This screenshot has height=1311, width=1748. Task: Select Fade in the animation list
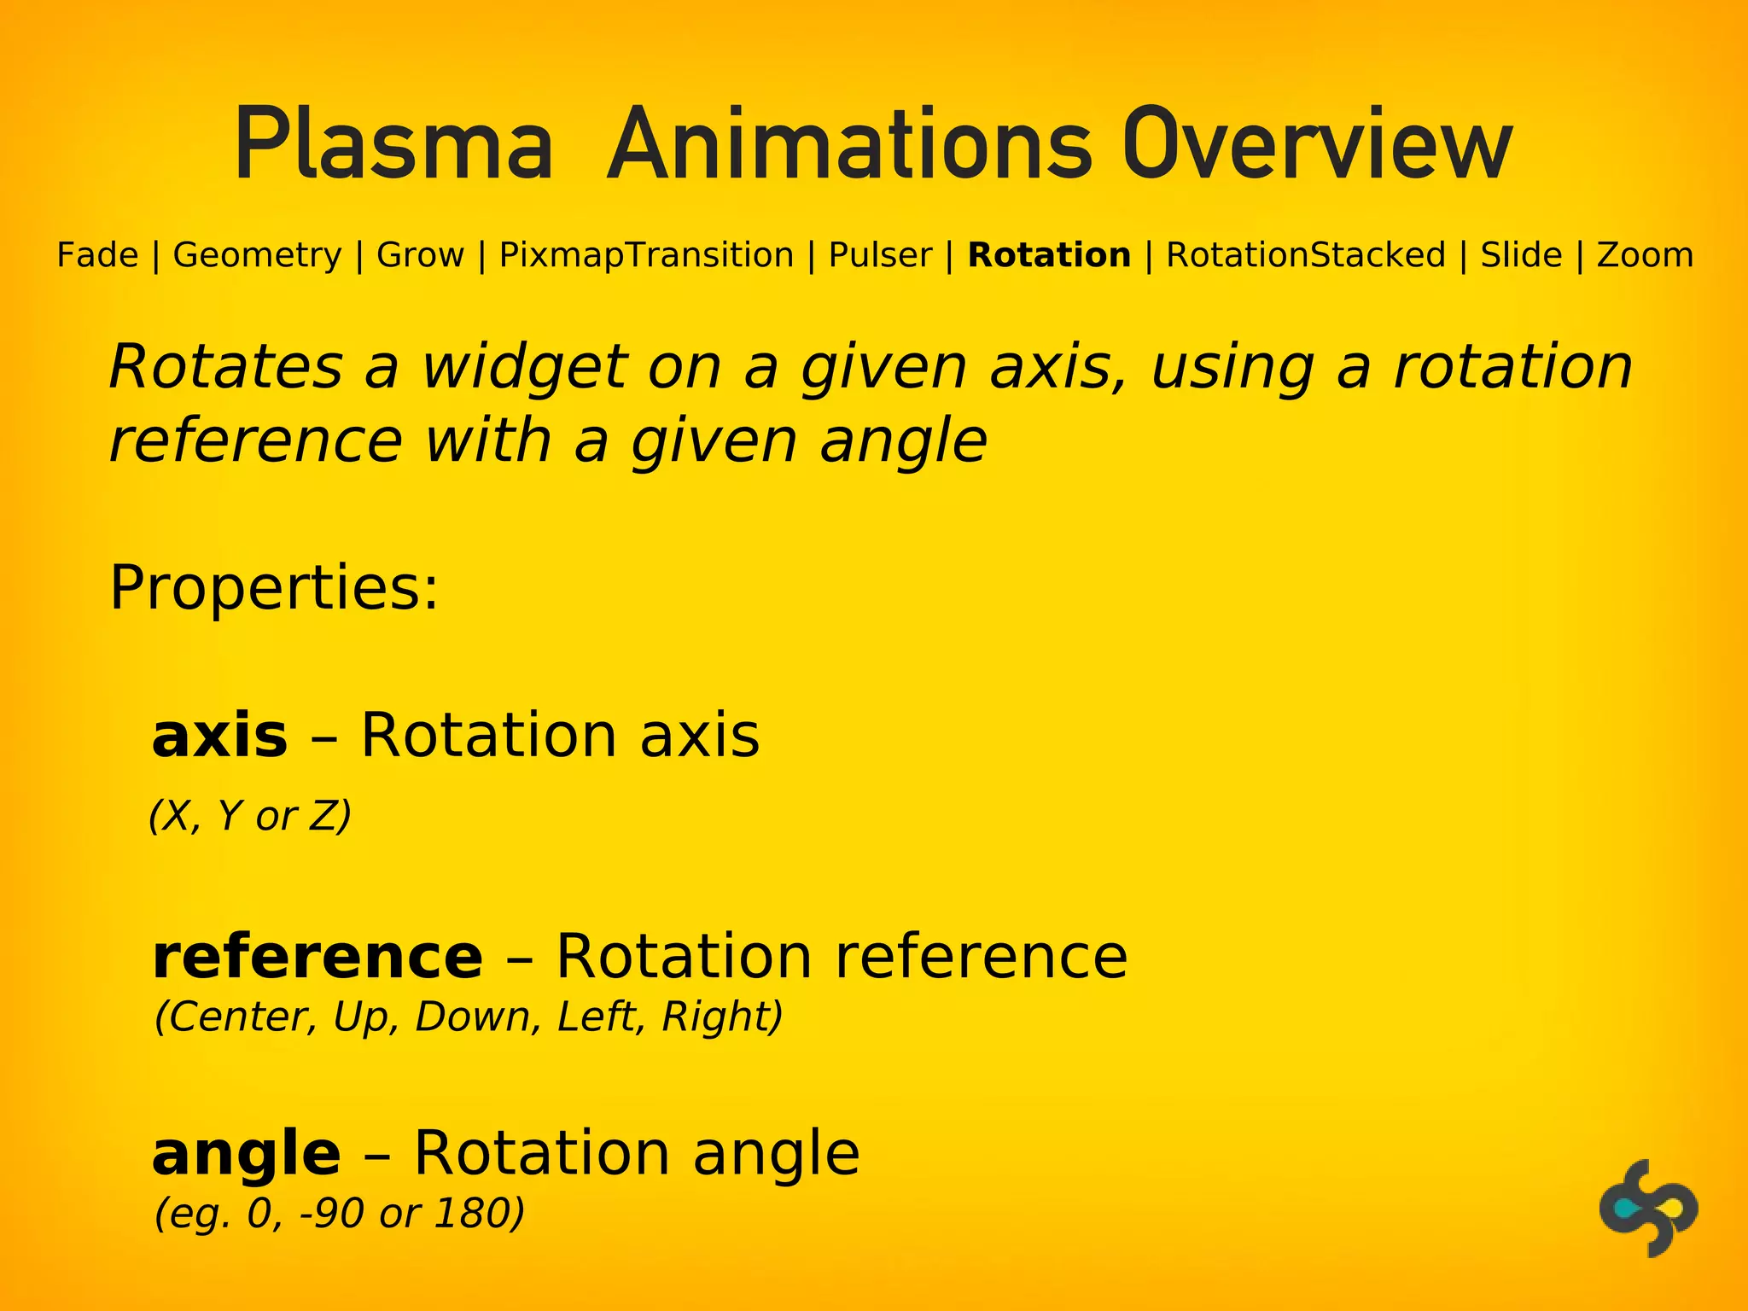[97, 255]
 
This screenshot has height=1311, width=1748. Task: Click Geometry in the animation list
[257, 255]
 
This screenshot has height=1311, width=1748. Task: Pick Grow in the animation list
[420, 255]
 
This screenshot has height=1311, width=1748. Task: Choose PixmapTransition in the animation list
[646, 255]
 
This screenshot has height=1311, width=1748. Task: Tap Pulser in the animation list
[880, 255]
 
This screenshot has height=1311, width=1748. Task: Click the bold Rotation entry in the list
[1049, 255]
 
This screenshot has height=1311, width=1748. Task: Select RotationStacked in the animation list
[1305, 255]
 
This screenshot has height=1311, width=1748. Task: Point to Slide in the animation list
[1521, 255]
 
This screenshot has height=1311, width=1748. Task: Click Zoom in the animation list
[1644, 255]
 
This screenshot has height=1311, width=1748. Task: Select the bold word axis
[219, 736]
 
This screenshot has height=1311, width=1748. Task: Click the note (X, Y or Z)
[250, 816]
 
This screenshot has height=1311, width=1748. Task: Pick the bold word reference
[317, 956]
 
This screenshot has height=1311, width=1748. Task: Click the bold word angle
[246, 1154]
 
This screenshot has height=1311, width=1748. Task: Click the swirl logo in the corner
[1647, 1208]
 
